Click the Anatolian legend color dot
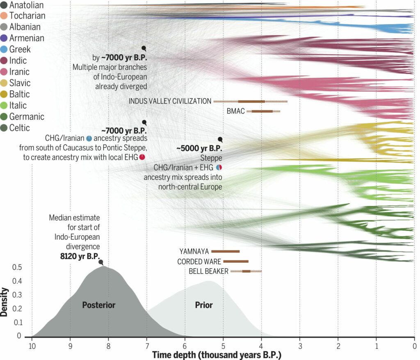tap(4, 5)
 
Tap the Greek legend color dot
tap(4, 49)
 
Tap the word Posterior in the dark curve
tap(99, 305)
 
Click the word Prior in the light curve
tap(203, 305)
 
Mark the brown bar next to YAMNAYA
tap(225, 251)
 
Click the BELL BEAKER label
tap(208, 271)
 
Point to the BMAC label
tap(235, 111)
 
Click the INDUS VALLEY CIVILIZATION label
tap(170, 101)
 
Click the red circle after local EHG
tap(142, 157)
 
